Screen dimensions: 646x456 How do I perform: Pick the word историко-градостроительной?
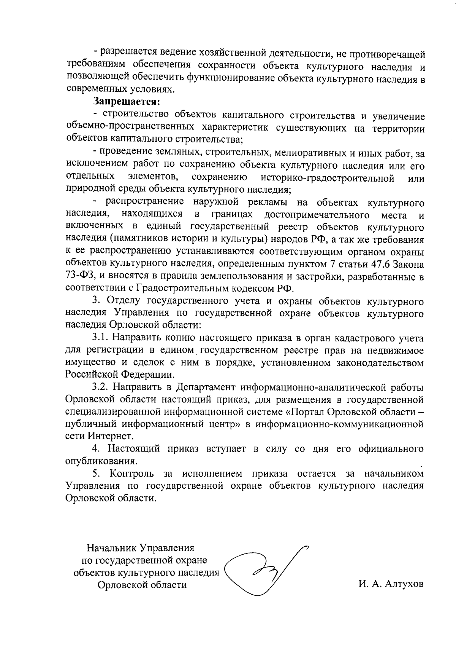[x=328, y=177]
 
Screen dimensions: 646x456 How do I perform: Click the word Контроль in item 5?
[x=132, y=474]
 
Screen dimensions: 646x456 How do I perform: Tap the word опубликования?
[x=101, y=461]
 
